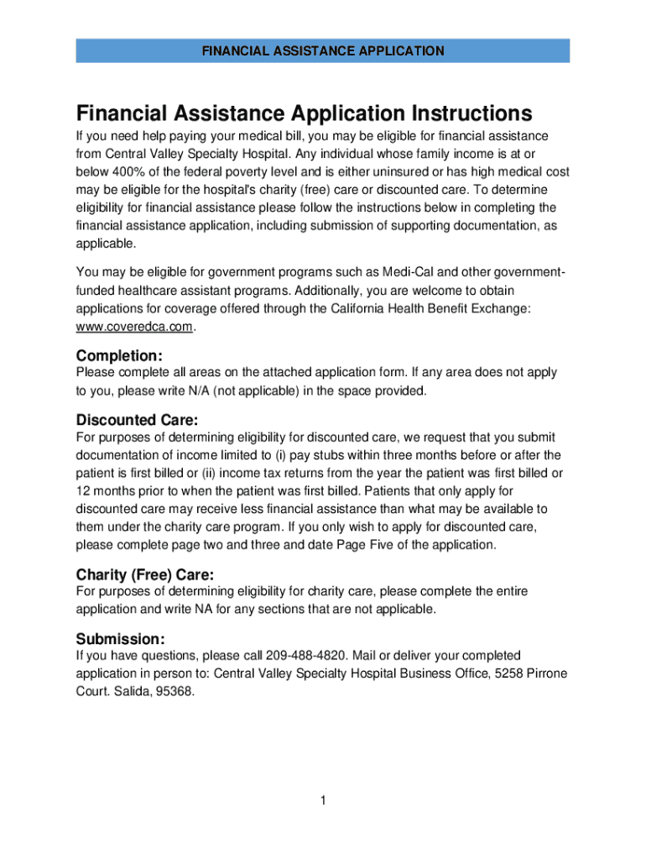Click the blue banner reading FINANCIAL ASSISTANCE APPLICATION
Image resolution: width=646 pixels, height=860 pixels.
tap(323, 51)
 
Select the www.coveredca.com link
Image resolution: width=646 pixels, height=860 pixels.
tap(134, 328)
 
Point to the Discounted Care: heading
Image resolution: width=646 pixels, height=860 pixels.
tap(137, 420)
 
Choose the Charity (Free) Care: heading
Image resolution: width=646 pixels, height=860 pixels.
tap(145, 575)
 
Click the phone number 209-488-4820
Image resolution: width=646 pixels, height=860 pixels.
tap(306, 655)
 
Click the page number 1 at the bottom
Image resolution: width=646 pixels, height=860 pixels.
tap(322, 800)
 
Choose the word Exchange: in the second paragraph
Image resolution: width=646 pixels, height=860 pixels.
tap(501, 309)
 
